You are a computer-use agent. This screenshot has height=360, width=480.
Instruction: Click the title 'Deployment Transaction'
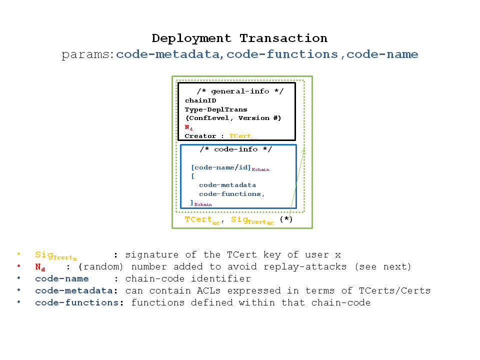[239, 38]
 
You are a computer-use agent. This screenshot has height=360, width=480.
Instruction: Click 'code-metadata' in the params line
[168, 54]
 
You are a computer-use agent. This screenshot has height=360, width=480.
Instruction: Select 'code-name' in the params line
[382, 54]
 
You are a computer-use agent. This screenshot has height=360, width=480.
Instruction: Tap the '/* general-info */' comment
[239, 91]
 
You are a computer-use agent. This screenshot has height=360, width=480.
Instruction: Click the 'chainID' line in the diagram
[200, 100]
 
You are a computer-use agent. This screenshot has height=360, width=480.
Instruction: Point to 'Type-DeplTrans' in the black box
[216, 109]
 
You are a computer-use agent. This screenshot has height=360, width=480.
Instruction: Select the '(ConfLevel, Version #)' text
[233, 118]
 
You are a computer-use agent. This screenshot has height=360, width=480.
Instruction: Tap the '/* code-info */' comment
[235, 149]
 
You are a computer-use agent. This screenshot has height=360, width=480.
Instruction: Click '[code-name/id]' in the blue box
[221, 167]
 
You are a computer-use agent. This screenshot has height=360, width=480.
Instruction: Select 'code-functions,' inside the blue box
[232, 194]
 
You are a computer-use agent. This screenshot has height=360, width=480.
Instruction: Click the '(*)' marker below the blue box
[286, 219]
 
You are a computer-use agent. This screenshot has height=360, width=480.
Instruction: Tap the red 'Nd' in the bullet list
[40, 267]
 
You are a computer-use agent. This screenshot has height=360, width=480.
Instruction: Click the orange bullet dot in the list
[18, 254]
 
